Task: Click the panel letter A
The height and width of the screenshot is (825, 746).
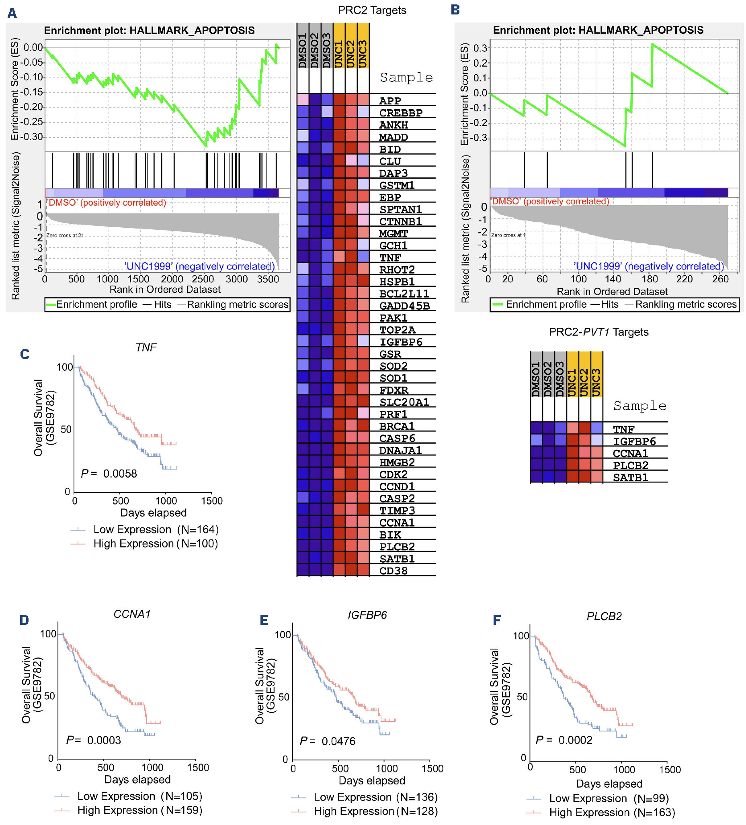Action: point(12,13)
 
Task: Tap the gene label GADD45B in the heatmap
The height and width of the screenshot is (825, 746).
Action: point(404,306)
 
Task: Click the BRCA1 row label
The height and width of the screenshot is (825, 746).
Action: point(396,426)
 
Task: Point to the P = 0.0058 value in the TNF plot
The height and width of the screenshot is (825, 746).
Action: point(109,474)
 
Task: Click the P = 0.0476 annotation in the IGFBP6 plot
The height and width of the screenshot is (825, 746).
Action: point(327,741)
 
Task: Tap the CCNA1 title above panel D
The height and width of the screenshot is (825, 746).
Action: point(132,614)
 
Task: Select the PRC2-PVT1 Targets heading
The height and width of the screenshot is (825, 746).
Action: point(598,332)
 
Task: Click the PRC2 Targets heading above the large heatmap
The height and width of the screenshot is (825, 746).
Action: point(371,10)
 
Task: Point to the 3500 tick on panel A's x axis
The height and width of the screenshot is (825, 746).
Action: point(268,279)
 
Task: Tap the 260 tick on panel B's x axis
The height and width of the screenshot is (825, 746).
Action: point(720,279)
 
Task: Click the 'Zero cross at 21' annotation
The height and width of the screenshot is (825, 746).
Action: point(65,235)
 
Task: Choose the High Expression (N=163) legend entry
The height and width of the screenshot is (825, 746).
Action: point(611,812)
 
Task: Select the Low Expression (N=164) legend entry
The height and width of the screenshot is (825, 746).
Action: point(156,529)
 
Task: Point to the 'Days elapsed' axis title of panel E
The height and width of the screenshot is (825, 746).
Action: point(371,780)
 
